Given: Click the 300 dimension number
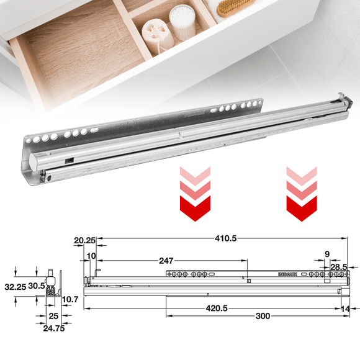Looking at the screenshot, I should pyautogui.click(x=262, y=317).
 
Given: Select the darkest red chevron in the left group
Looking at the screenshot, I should pyautogui.click(x=192, y=206).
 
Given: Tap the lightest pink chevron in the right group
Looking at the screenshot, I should pyautogui.click(x=302, y=174).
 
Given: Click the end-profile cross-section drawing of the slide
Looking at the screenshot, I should pyautogui.click(x=55, y=287).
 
